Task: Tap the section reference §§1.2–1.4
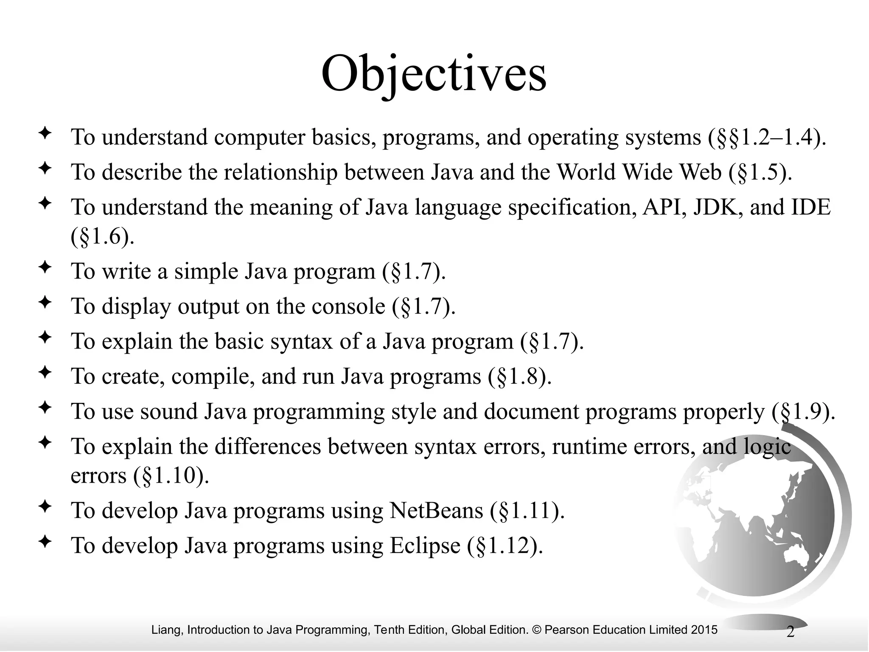point(768,138)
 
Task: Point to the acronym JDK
point(717,208)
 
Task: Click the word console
point(348,306)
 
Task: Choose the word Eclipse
point(425,546)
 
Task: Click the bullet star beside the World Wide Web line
point(45,169)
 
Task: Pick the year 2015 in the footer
point(704,630)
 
